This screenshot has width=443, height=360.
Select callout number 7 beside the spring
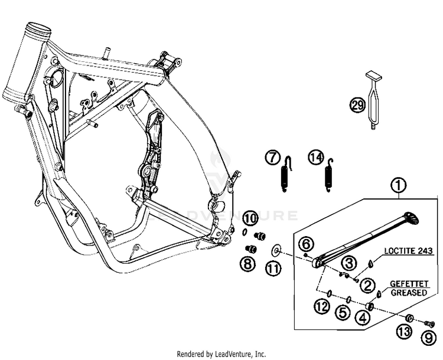coord(273,158)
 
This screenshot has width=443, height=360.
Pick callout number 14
coord(315,158)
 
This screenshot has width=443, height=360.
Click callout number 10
coord(250,218)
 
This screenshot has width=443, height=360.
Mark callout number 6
coord(306,243)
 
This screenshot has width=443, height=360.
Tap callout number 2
coord(368,286)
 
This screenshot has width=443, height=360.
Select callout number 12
coord(321,306)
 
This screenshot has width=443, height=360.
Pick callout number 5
coord(343,313)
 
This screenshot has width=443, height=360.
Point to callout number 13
coord(405,332)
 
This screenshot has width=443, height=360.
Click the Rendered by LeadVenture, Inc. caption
coord(221,354)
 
